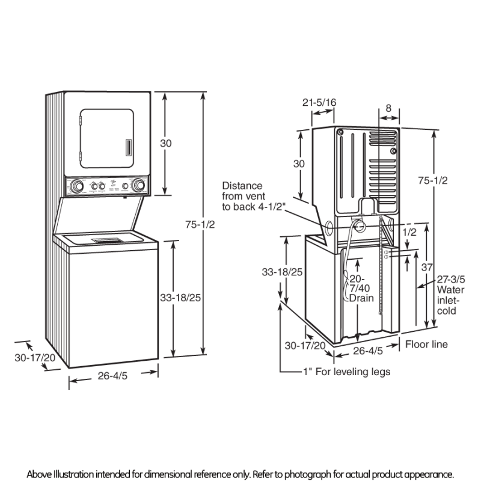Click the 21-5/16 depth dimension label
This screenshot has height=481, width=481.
pos(319,103)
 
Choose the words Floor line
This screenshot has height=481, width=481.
pos(426,345)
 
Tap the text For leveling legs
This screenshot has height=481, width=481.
pos(357,372)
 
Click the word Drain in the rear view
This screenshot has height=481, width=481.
pos(361,298)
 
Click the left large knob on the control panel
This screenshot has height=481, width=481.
pos(77,186)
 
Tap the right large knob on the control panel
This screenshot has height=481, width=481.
pos(138,185)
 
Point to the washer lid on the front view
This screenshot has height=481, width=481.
pos(106,241)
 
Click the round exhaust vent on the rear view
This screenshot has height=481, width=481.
pos(359,226)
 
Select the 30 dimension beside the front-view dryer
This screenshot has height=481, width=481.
pos(165,143)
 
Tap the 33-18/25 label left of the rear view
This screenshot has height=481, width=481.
pos(265,272)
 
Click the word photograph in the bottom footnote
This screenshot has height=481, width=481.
pos(331,474)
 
